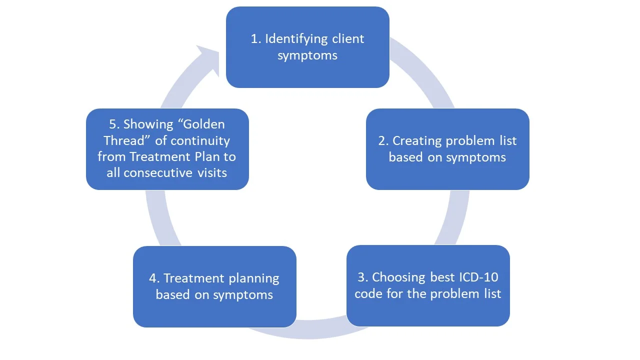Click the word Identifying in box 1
[x=296, y=39]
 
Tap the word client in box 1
[x=348, y=39]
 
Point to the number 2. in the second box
[x=383, y=141]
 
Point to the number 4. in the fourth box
[x=154, y=278]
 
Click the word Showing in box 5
[x=148, y=125]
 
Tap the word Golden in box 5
[x=201, y=124]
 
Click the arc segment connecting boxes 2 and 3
[x=454, y=217]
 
